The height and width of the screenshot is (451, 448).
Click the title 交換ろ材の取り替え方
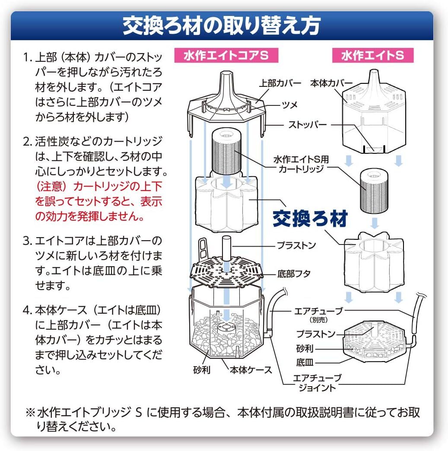tap(222, 25)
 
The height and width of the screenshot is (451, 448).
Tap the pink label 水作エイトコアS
tap(226, 55)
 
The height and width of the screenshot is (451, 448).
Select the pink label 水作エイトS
tap(373, 55)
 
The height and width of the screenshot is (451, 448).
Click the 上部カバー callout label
tap(280, 83)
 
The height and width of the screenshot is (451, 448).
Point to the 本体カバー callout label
tap(331, 83)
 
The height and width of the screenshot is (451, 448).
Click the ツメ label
tap(289, 105)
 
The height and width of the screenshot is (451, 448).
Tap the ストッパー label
tap(307, 125)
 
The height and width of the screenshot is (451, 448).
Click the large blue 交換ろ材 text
tap(310, 219)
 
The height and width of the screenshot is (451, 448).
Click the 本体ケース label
tap(251, 370)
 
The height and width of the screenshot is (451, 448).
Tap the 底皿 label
tap(305, 362)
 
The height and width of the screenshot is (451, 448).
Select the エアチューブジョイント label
tap(317, 383)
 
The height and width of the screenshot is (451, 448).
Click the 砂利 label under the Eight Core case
tap(202, 370)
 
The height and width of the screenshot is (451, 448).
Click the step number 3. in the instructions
tap(28, 241)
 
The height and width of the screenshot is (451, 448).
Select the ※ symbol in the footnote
tap(30, 413)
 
